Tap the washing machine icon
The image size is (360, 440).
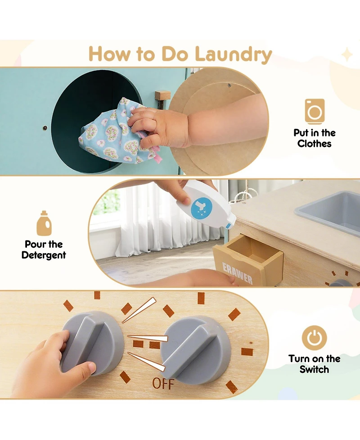pos(314,111)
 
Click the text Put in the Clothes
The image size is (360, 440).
pos(314,138)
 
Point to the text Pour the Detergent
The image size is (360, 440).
pos(44,249)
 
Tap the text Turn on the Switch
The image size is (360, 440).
pos(314,364)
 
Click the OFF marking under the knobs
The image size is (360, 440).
pos(162,383)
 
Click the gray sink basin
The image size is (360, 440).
pos(331,211)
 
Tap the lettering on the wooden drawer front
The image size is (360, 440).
pos(237,273)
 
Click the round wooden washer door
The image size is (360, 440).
pos(220,122)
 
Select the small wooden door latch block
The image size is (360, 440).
pos(162,95)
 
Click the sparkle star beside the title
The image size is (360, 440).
pos(347,55)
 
